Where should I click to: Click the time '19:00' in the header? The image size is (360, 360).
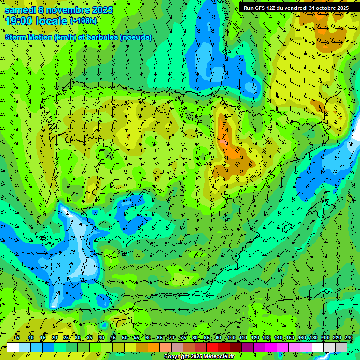click(x=21, y=21)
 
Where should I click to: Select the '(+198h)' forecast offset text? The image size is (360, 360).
click(x=83, y=21)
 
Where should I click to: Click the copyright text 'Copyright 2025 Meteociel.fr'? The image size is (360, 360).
click(x=199, y=357)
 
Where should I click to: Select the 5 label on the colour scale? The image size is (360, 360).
click(x=18, y=337)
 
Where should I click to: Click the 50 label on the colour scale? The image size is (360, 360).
click(x=124, y=337)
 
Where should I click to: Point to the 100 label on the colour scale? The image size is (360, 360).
click(x=231, y=337)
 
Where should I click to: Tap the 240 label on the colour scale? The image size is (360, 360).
click(x=349, y=337)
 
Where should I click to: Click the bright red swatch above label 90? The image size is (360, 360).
click(x=212, y=347)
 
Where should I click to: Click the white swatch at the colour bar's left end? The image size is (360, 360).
click(x=13, y=347)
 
